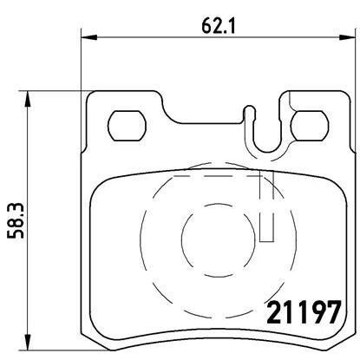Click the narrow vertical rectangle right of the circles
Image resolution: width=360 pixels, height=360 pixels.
click(268, 216)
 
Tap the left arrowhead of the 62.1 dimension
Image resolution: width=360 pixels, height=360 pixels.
click(87, 37)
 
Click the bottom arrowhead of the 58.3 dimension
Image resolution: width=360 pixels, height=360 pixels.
click(31, 340)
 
